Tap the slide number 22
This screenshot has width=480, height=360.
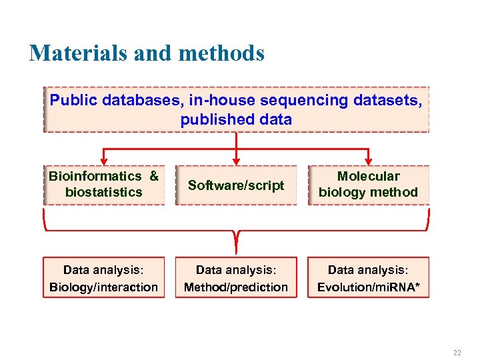coord(457,353)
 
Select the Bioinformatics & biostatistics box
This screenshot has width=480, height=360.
coord(103,185)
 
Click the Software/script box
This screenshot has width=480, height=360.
coord(236,185)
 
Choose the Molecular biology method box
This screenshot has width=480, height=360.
coord(368,185)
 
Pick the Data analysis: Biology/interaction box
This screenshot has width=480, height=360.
coord(103,278)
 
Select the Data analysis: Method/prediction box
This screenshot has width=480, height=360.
coord(236,278)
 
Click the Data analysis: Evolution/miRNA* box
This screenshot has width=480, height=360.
coord(368,278)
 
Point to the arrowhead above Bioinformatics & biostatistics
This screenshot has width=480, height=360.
coord(103,160)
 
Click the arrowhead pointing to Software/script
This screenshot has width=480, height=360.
coord(236,160)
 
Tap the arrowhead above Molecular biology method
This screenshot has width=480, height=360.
coord(368,160)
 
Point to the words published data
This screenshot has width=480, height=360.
coord(236,120)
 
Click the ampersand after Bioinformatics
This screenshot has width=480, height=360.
coord(154,177)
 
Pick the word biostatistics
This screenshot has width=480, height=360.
coord(104,193)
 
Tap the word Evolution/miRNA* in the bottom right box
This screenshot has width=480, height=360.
coord(368,287)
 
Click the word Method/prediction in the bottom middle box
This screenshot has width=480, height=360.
coord(236,287)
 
